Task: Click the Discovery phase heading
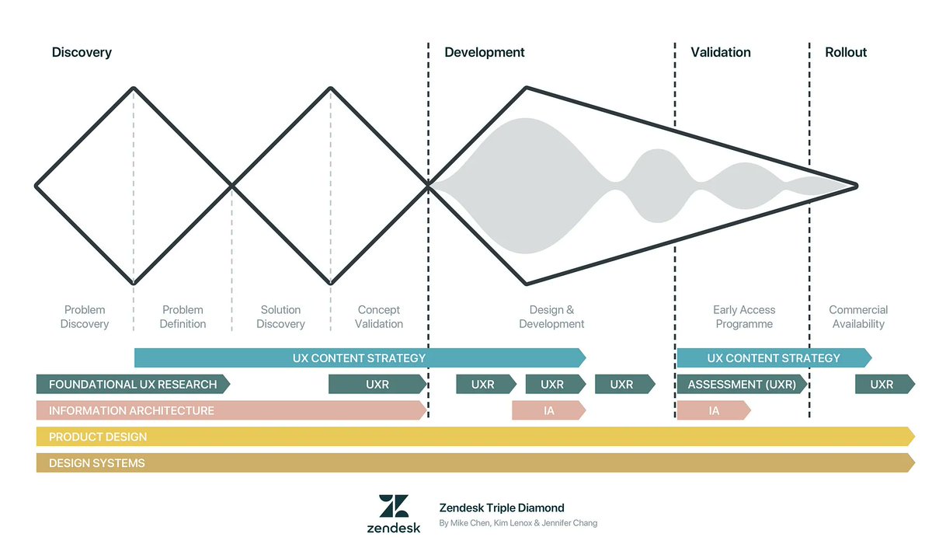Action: (x=82, y=53)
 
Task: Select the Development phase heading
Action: (x=485, y=53)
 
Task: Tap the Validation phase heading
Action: (x=721, y=53)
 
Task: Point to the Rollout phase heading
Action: (x=846, y=53)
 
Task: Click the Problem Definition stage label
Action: (x=183, y=316)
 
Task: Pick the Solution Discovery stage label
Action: (x=280, y=316)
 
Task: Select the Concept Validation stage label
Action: (x=379, y=316)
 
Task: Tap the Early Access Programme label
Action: (x=744, y=316)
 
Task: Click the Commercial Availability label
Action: (x=858, y=316)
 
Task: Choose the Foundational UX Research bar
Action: (x=132, y=384)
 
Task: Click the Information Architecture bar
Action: (x=231, y=410)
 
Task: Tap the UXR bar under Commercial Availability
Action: (x=883, y=384)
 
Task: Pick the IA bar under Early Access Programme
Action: (x=713, y=410)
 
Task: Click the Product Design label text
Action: (x=98, y=437)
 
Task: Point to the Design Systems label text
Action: (x=97, y=463)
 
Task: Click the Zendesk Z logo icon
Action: (x=394, y=506)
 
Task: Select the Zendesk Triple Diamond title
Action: (x=502, y=508)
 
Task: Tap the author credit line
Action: (x=518, y=523)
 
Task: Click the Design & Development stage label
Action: (x=551, y=316)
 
